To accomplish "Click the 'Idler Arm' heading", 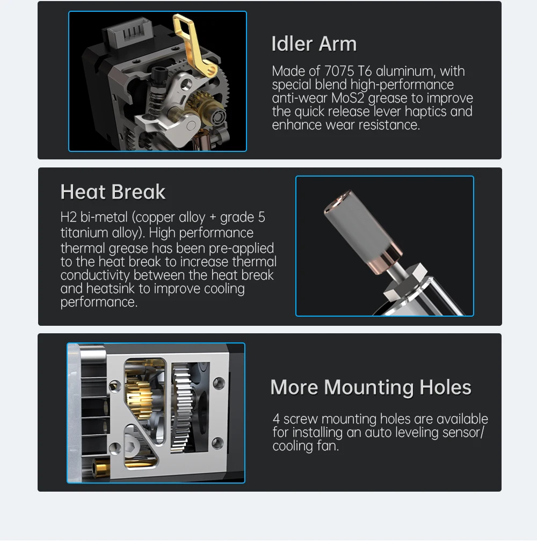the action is pyautogui.click(x=314, y=44).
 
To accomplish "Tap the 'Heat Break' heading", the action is pyautogui.click(x=113, y=192).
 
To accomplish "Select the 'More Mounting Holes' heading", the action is pyautogui.click(x=371, y=387).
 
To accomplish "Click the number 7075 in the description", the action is pyautogui.click(x=339, y=71).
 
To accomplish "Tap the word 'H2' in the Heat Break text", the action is pyautogui.click(x=68, y=217).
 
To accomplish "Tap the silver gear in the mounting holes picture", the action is pyautogui.click(x=182, y=407).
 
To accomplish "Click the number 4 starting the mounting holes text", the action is pyautogui.click(x=276, y=419).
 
